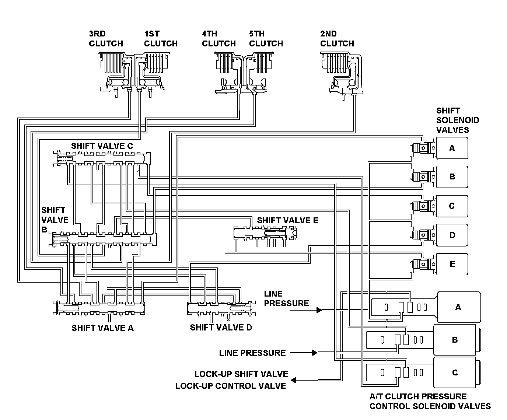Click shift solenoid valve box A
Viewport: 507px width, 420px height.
[452, 148]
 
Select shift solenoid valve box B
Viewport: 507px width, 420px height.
[452, 176]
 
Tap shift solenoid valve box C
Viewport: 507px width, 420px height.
[452, 206]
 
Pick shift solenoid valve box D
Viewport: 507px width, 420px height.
[452, 235]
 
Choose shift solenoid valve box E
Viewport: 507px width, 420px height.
[452, 264]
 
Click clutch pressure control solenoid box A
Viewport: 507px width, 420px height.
[458, 307]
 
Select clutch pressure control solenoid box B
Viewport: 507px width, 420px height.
[455, 340]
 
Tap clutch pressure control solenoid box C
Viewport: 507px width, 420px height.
[455, 372]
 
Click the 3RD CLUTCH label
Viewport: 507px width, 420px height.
[106, 39]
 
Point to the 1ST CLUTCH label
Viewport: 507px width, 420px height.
[161, 39]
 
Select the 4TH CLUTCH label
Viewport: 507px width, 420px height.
[218, 39]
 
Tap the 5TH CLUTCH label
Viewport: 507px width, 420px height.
[266, 39]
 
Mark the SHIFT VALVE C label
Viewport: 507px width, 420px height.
[102, 146]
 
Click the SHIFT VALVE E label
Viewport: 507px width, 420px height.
[287, 220]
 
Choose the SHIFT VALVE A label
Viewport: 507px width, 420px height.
[102, 328]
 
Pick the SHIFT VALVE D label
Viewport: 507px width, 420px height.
[221, 327]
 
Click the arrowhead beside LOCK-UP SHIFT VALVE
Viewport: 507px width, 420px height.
[294, 380]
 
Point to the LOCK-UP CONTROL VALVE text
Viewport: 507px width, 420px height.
[231, 386]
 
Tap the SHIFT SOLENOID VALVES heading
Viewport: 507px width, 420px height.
[457, 120]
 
